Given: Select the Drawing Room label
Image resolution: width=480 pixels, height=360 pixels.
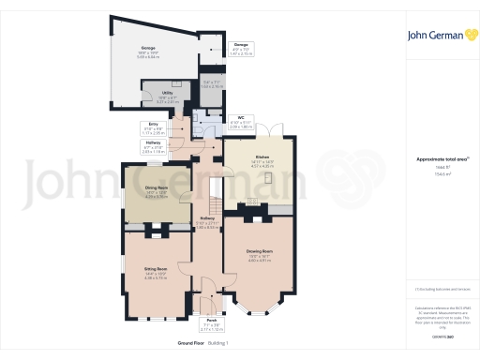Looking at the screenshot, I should point(261,253).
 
